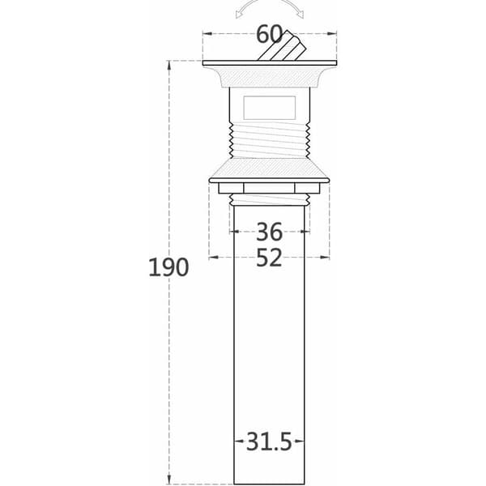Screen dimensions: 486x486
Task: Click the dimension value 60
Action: tap(269, 34)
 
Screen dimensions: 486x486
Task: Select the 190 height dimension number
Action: tap(168, 267)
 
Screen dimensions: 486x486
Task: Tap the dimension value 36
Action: tap(269, 232)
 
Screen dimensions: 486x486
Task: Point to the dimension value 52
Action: tap(269, 258)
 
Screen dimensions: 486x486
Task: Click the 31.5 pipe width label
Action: tap(269, 441)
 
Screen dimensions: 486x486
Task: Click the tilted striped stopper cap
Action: tap(282, 46)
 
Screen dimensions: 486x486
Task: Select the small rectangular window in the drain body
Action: tap(270, 108)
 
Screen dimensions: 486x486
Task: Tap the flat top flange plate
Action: tap(270, 63)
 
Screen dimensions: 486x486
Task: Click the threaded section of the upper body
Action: tap(270, 140)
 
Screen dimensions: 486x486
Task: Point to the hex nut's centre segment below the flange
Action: tap(269, 188)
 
